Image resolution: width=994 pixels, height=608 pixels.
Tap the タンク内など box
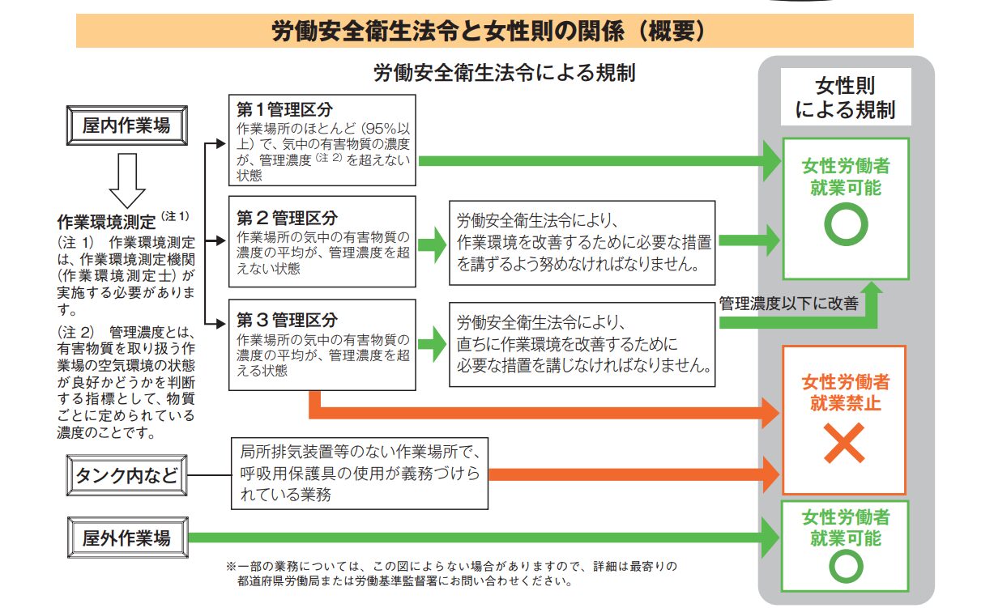(126, 475)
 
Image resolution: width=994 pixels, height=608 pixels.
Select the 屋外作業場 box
(126, 538)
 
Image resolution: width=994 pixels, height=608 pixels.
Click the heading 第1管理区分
(284, 109)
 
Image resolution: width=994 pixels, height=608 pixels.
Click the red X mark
(844, 444)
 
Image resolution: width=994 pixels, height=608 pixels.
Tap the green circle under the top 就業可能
(845, 225)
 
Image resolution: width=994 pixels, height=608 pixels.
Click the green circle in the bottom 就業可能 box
(845, 566)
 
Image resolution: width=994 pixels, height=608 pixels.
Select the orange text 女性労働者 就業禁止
(845, 392)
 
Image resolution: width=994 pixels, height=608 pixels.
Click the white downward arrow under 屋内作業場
(126, 179)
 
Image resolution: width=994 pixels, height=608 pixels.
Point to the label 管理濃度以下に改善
(787, 304)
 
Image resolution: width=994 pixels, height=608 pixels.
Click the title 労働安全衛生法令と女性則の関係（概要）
(494, 32)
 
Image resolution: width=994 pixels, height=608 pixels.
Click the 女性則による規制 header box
(845, 97)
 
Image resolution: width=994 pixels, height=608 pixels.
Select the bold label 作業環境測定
(108, 219)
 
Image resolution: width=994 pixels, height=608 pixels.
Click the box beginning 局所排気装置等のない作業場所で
(360, 473)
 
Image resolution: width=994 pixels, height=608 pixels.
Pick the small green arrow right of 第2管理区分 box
(433, 240)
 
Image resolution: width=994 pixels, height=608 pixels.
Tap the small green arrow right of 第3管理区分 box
(433, 344)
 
